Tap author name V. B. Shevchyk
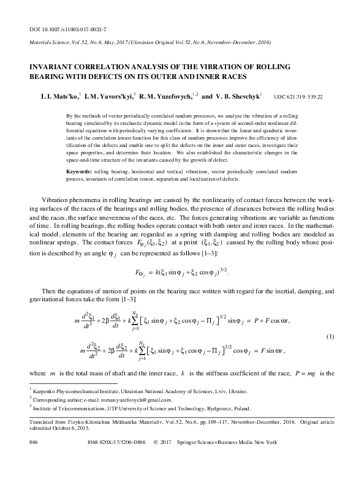(237, 96)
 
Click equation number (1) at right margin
(330, 337)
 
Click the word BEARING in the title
(45, 77)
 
